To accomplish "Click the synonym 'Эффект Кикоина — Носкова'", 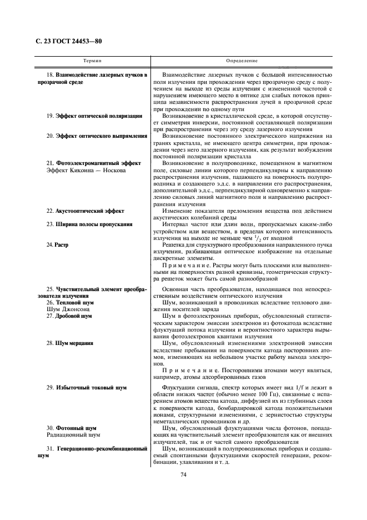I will tap(87, 170).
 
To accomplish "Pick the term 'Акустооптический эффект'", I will tap(89, 211).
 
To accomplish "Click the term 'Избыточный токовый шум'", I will tap(91, 387).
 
